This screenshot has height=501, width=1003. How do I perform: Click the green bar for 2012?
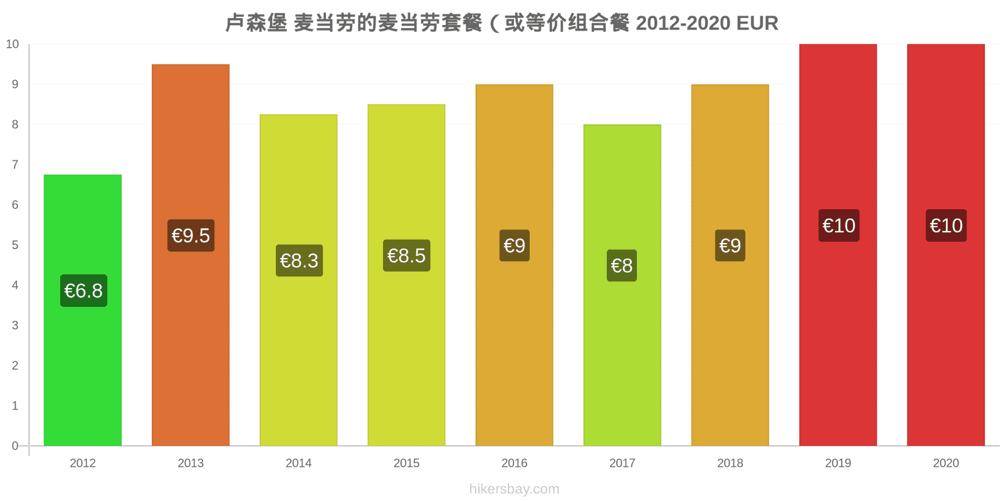pos(83,310)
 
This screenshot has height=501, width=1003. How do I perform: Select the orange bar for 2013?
pos(191,255)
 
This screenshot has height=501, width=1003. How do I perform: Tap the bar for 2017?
pos(622,286)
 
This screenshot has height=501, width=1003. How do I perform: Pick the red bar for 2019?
pos(838,245)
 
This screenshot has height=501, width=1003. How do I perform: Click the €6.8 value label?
pos(84,291)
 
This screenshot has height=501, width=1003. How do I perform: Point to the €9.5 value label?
pos(191,235)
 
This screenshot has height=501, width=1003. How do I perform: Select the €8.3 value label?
pos(299,261)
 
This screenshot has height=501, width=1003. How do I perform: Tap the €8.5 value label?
pos(407,256)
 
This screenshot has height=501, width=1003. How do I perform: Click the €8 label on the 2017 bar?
pos(622,266)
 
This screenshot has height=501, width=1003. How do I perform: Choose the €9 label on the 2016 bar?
pos(515,245)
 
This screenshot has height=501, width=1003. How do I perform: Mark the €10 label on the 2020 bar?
pos(946,225)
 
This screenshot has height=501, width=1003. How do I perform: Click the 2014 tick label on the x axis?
pos(298,463)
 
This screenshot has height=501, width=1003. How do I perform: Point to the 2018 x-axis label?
pos(730,463)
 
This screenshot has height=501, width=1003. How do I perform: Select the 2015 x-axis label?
pos(407,463)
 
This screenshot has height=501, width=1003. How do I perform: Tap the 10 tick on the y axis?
pos(12,44)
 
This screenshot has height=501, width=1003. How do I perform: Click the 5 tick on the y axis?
pos(15,245)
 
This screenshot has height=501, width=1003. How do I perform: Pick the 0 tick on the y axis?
pos(15,445)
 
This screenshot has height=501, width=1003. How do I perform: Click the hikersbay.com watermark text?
pos(515,489)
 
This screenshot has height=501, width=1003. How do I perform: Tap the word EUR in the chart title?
pos(757,23)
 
